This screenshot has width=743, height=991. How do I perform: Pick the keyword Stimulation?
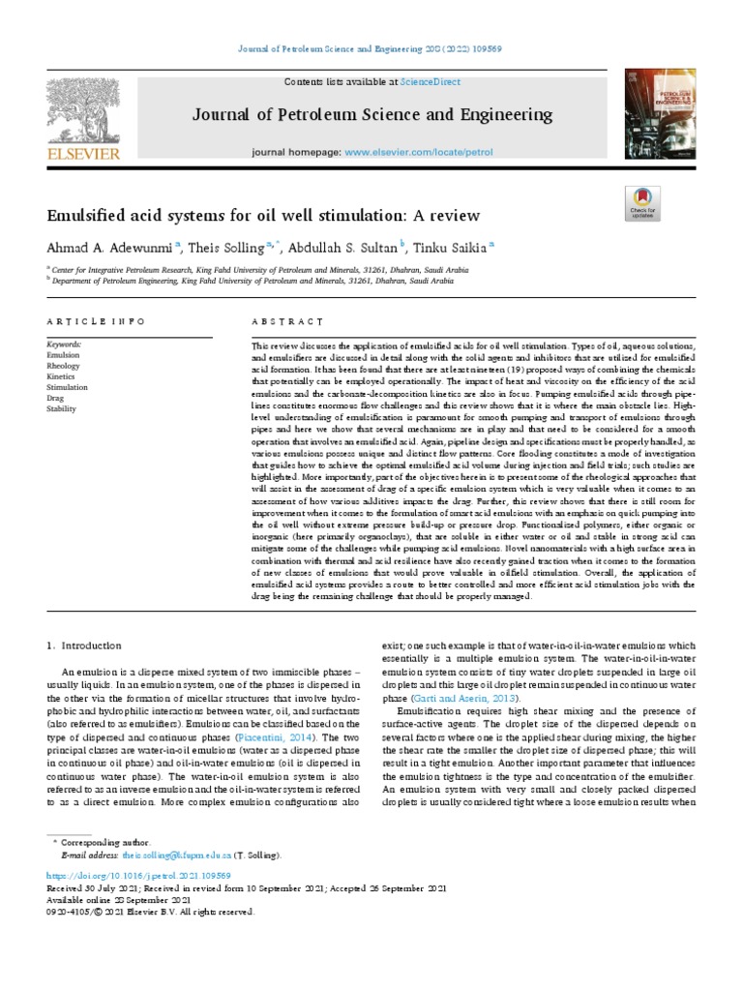point(66,387)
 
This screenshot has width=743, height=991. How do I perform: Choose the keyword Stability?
point(61,409)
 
